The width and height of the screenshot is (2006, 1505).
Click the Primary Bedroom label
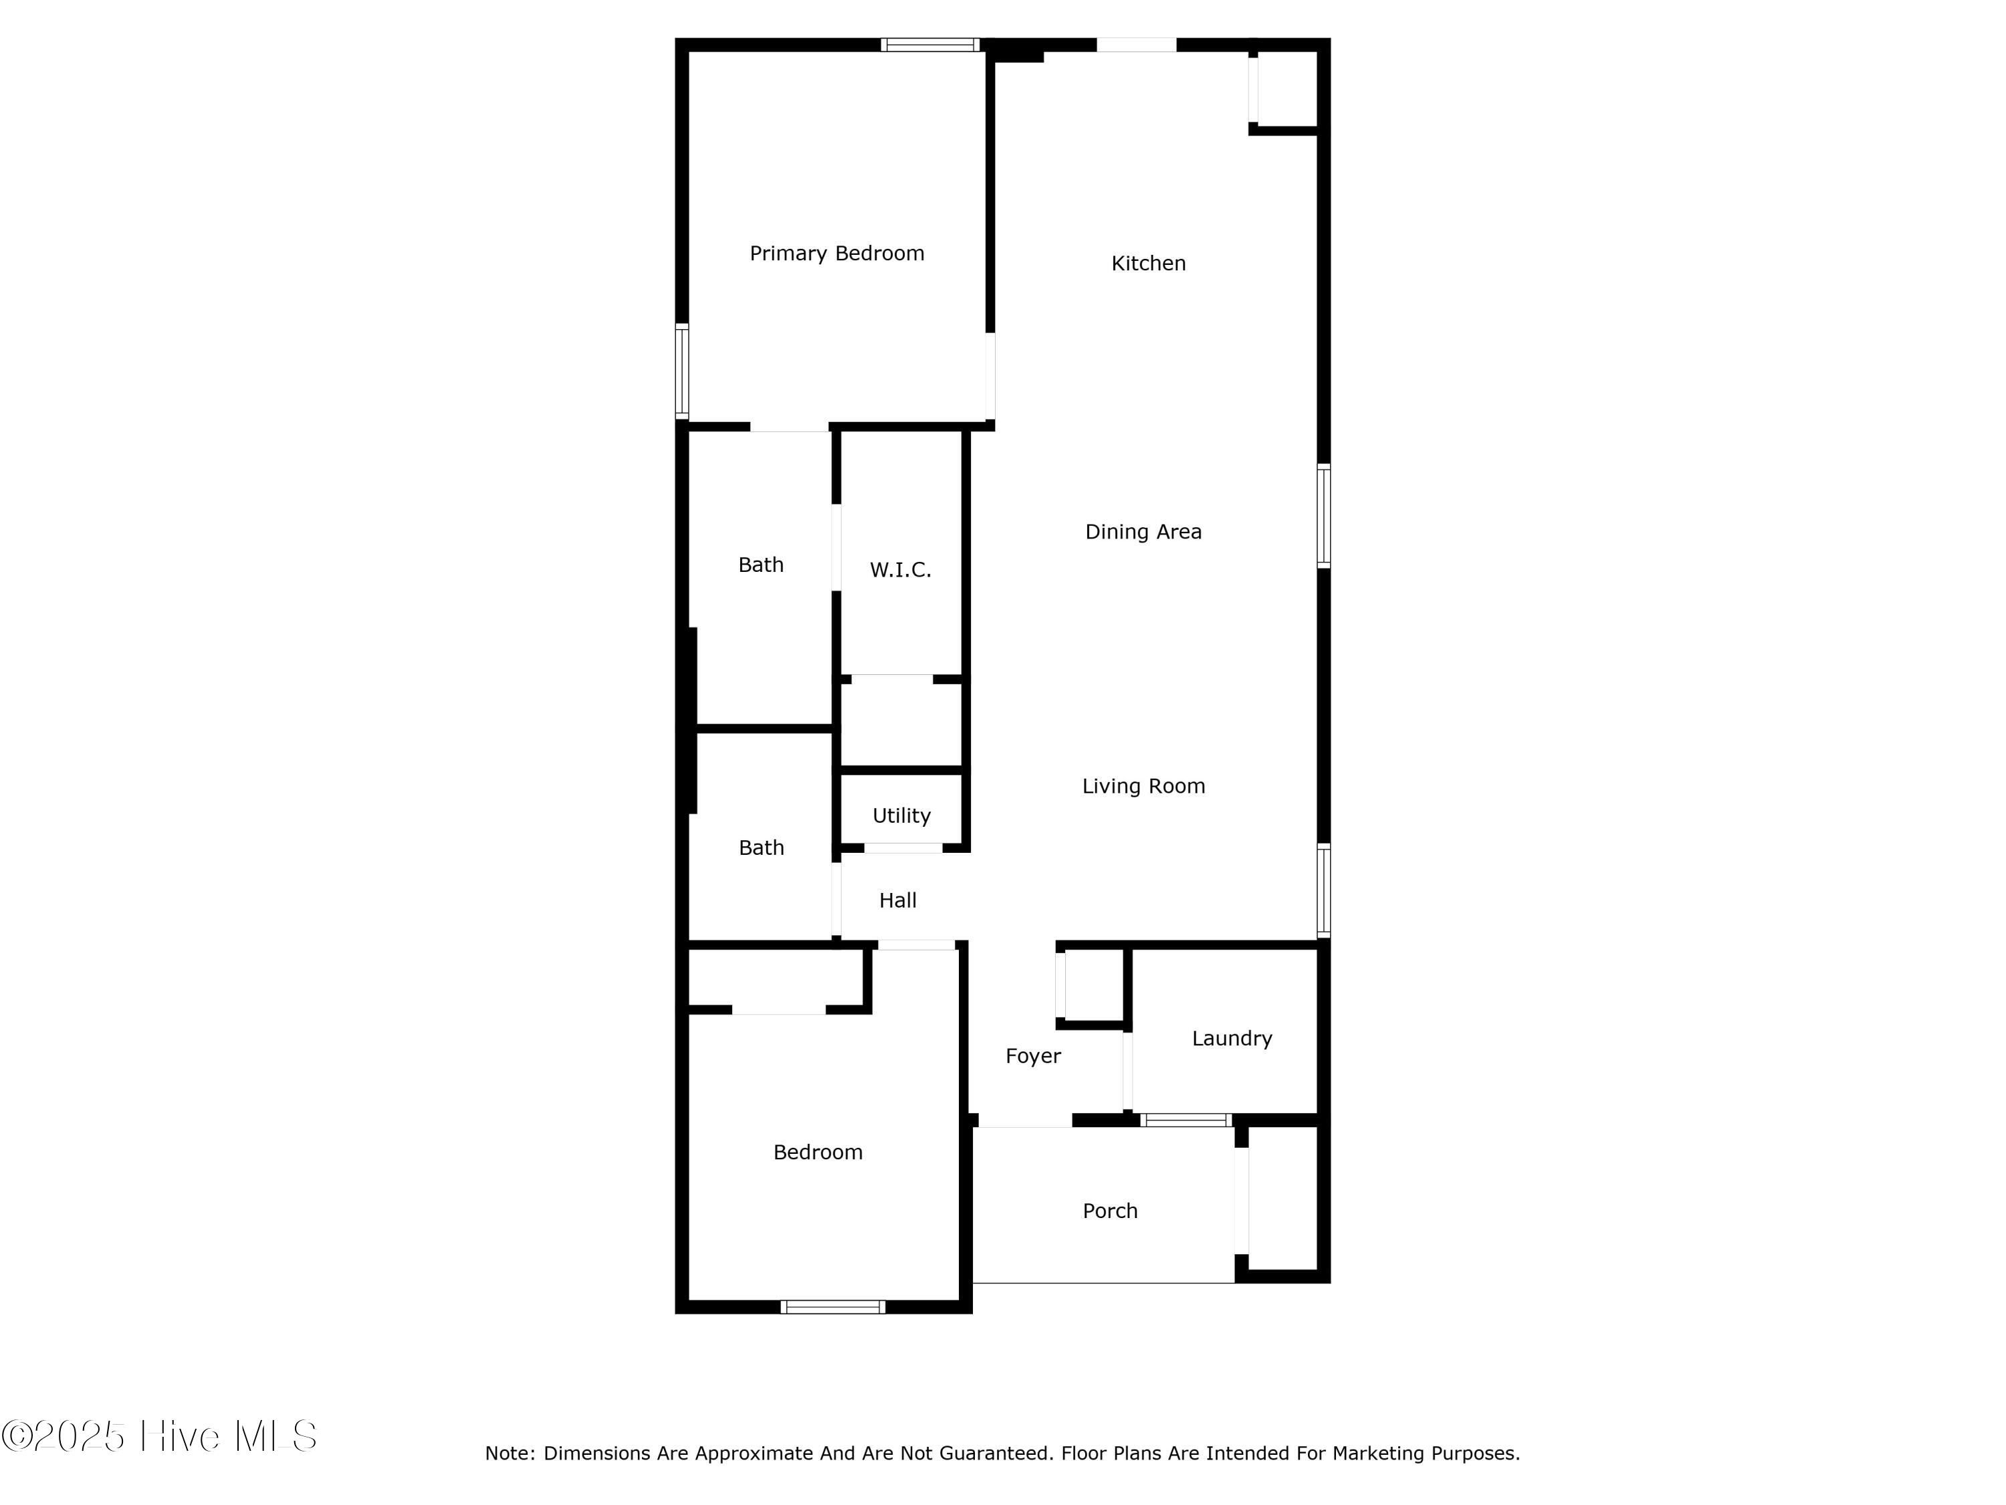tap(836, 253)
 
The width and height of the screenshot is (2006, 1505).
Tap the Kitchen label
tap(1148, 263)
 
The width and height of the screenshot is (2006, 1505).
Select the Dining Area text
tap(1143, 532)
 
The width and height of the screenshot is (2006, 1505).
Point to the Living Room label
tap(1143, 786)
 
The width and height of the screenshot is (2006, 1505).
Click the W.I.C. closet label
tap(899, 570)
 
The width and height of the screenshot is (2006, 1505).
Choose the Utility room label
tap(901, 815)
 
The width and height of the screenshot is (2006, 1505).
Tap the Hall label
tap(897, 900)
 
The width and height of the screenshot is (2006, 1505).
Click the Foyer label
tap(1032, 1056)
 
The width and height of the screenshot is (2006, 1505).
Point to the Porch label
tap(1109, 1211)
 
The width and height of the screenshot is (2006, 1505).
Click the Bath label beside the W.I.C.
tap(760, 565)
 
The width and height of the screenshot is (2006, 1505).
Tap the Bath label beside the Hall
tap(761, 847)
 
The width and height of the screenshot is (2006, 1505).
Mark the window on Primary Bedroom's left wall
tap(682, 371)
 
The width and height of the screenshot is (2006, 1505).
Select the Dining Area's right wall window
tap(1323, 515)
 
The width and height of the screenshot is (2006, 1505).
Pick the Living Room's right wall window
tap(1323, 889)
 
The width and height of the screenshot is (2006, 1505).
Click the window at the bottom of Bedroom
tap(832, 1306)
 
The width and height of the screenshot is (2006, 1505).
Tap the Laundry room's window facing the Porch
tap(1186, 1120)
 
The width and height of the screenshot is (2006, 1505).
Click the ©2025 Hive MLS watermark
tap(158, 1436)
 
